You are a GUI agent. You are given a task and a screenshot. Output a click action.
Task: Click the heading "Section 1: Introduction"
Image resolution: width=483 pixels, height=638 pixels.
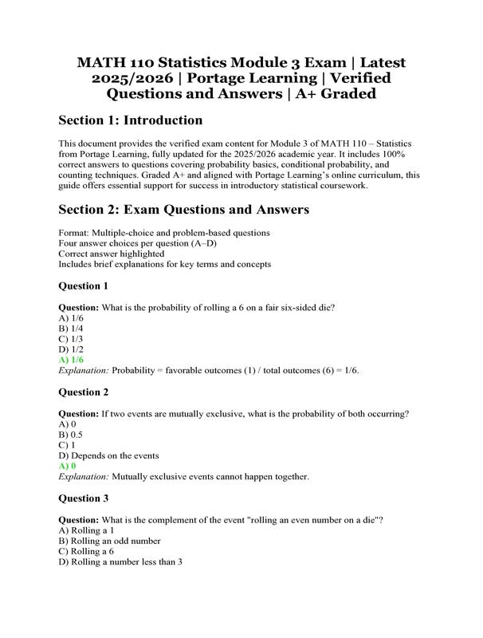coord(131,120)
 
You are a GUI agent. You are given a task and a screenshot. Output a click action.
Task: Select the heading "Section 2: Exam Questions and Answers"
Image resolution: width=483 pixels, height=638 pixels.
coord(184,210)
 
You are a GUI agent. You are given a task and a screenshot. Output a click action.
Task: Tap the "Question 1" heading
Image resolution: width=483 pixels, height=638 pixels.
coord(84,286)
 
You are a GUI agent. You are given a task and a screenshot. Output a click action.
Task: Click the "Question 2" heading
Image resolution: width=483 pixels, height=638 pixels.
coord(84,392)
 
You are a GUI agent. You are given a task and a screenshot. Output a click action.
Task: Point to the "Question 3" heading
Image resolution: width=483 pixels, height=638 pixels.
coord(84,498)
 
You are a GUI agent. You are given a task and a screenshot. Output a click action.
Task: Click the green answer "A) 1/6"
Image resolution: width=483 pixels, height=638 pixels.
coord(71,360)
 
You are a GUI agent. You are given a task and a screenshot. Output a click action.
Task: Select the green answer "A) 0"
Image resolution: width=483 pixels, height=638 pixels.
coord(68,466)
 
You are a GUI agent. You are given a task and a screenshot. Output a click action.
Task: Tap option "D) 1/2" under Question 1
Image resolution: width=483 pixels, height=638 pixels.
coord(71,349)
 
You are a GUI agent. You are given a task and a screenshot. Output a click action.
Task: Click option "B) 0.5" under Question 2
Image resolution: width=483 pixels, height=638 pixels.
coord(71,435)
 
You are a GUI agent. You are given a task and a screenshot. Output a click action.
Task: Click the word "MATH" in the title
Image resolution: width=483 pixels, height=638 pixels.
coord(103,62)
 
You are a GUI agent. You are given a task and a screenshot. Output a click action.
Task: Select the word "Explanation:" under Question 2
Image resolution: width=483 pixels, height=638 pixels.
coord(84,477)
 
